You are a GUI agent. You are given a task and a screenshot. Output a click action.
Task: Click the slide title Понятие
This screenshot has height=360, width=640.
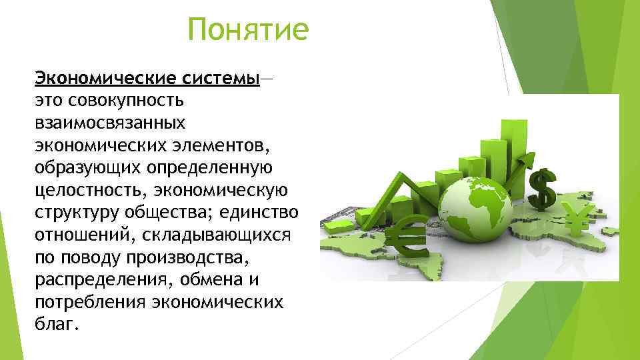pyautogui.click(x=248, y=30)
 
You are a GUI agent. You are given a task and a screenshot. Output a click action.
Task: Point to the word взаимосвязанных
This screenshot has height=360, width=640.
pyautogui.click(x=110, y=124)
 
